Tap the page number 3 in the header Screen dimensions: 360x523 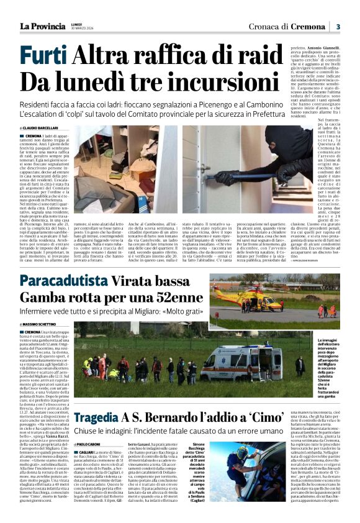[338, 26]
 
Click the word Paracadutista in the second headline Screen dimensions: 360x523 [73, 280]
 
